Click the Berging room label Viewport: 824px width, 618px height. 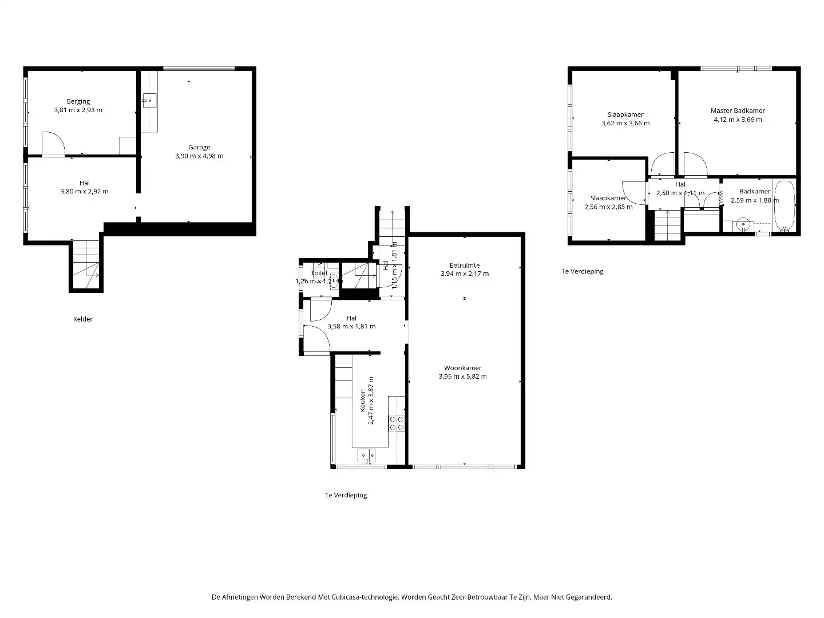78,101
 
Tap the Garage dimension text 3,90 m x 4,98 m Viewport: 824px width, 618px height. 199,156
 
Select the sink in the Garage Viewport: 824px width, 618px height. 148,101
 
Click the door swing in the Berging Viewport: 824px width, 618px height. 53,144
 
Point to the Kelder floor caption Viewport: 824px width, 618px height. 83,319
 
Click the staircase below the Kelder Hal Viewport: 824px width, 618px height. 86,266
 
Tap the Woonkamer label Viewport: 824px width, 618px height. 462,368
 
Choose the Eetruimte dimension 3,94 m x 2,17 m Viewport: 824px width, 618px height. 464,274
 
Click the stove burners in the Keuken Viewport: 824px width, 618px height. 397,423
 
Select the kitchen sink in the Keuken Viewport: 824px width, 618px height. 366,455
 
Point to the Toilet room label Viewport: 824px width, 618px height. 319,273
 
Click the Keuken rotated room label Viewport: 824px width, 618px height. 362,401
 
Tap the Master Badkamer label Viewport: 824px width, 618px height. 738,110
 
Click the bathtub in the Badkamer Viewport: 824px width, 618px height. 784,206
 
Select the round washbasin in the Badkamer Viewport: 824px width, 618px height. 743,225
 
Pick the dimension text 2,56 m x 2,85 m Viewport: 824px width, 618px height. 608,207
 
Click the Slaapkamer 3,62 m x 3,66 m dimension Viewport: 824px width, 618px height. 625,123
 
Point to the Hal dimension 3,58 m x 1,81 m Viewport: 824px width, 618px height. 351,326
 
